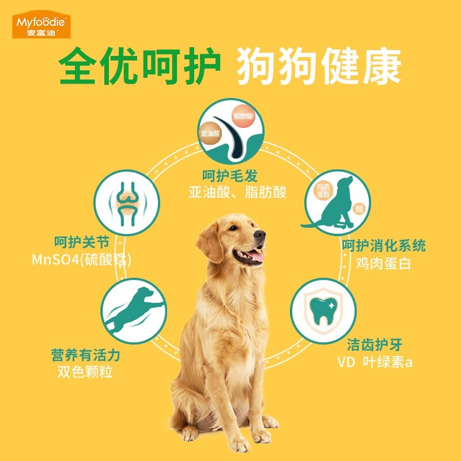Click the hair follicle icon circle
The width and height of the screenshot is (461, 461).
click(x=231, y=130)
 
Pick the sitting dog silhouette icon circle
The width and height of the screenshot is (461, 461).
click(x=336, y=202)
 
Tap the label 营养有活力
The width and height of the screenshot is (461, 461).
click(x=86, y=355)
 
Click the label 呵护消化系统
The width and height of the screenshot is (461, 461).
click(x=384, y=246)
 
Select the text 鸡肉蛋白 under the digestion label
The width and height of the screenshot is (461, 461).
click(x=384, y=264)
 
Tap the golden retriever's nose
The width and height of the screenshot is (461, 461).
click(x=260, y=235)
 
